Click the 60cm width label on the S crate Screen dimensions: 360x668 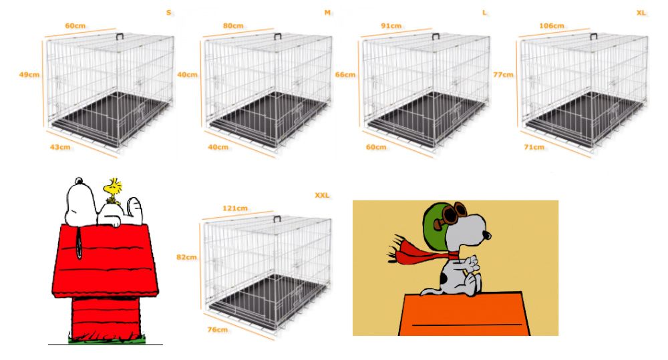(x=75, y=25)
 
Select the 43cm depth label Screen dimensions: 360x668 (x=60, y=147)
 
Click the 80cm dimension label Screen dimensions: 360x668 (x=233, y=25)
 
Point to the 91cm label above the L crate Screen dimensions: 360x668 (x=391, y=25)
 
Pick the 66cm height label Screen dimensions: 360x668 (x=345, y=75)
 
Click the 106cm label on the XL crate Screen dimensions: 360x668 (x=551, y=25)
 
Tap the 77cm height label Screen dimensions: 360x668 (x=503, y=75)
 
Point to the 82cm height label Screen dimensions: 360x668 (x=186, y=257)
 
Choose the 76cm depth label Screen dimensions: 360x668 (x=217, y=329)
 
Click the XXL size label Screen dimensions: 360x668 (x=322, y=195)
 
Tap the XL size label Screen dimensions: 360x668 (x=641, y=13)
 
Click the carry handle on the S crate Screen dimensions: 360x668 (x=121, y=37)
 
